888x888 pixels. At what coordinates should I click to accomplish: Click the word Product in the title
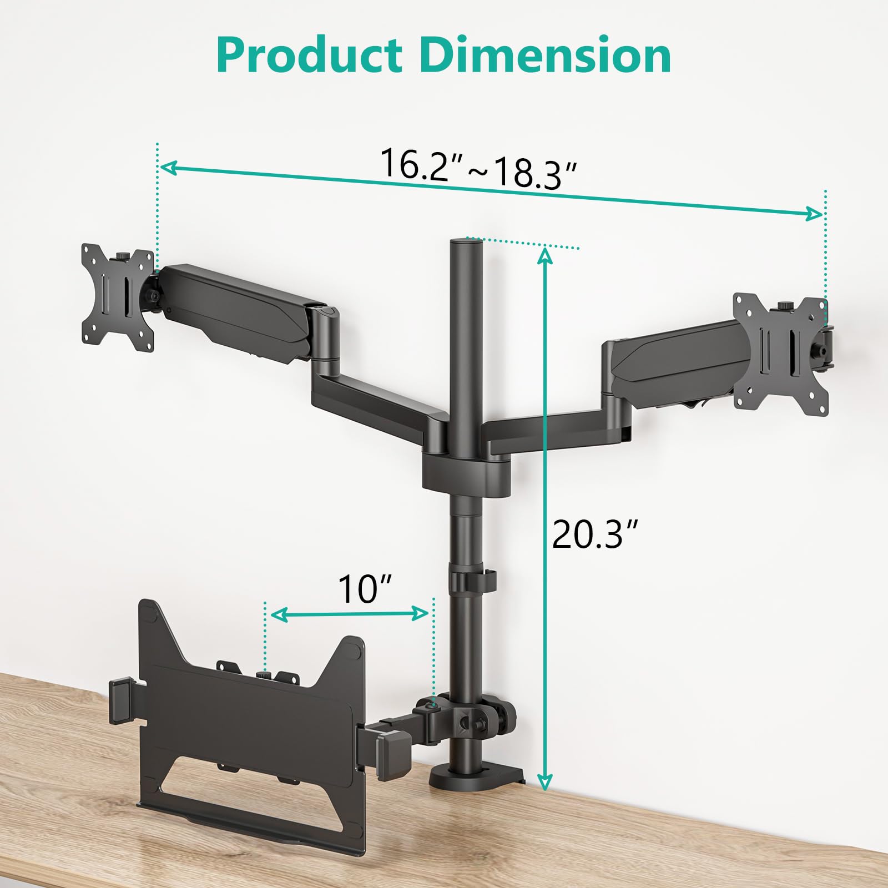click(x=309, y=55)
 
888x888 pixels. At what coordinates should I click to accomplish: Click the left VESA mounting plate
click(x=118, y=297)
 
